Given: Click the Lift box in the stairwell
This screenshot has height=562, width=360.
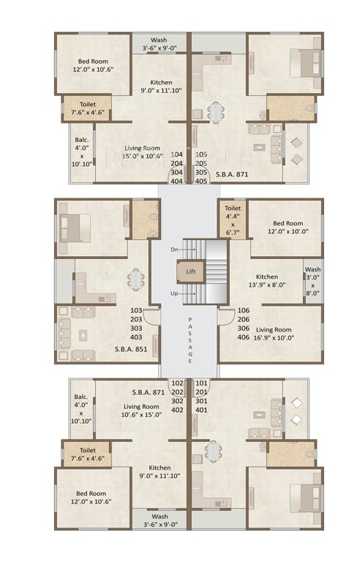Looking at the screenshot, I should [190, 271].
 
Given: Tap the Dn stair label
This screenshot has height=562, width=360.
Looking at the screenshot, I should [174, 250].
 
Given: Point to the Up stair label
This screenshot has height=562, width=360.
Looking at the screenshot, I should [174, 293].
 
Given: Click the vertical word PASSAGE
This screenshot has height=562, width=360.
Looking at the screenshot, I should [190, 340].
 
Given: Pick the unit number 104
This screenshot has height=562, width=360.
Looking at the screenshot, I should [176, 155].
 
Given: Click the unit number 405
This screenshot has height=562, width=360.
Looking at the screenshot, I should [202, 181].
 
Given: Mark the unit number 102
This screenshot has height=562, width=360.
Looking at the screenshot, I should [176, 383].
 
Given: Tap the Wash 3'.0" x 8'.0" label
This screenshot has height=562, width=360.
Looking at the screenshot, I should [313, 280].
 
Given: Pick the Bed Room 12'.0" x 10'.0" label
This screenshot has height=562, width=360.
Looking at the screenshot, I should [288, 228].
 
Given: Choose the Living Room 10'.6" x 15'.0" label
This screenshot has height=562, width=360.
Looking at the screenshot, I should [141, 411].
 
